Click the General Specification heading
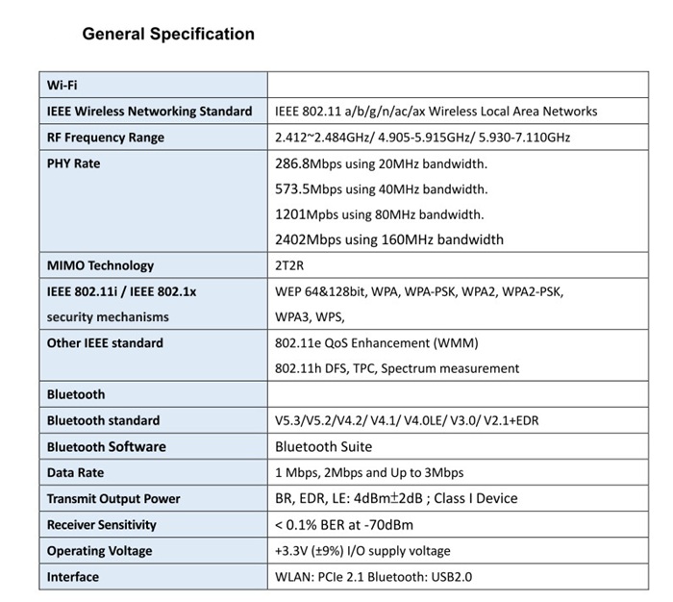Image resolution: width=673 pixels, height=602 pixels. [168, 35]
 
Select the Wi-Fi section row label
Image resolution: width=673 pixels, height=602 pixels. [62, 85]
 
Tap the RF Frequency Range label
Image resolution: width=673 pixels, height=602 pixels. [106, 138]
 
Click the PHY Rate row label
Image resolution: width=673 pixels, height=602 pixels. [73, 163]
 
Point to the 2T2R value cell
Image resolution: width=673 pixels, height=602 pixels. [291, 265]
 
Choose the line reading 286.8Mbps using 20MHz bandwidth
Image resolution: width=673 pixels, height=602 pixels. [381, 163]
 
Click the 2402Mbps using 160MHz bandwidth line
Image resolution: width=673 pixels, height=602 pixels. [388, 239]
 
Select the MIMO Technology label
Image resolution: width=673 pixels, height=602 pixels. [100, 265]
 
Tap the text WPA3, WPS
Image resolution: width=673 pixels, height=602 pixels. [310, 316]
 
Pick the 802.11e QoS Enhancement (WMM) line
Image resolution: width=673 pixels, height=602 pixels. [376, 342]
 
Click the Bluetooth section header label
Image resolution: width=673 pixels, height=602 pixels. [76, 394]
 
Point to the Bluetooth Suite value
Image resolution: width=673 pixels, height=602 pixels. [323, 446]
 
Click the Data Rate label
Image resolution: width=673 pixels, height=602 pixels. [75, 472]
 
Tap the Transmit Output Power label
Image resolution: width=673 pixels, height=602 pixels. [113, 498]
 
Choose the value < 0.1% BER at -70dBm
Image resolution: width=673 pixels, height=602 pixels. [344, 524]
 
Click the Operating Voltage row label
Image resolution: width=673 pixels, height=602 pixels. [100, 550]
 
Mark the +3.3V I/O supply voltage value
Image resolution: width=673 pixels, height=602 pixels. [362, 550]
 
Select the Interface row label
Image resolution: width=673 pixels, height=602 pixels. [73, 576]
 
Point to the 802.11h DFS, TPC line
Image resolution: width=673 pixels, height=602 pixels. [397, 368]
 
